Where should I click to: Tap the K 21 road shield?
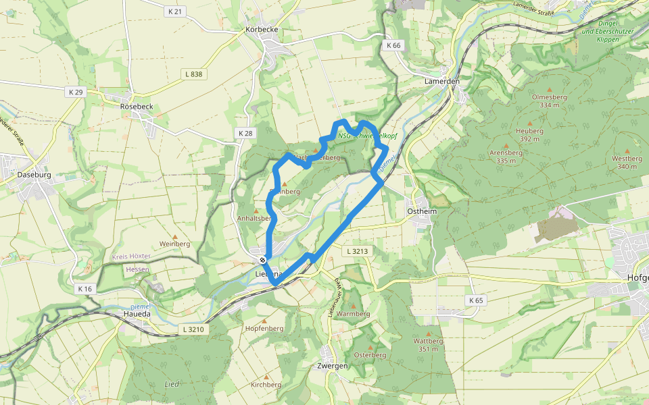pos(174,11)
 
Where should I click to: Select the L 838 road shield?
pos(195,74)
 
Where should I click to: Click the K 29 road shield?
pos(75,91)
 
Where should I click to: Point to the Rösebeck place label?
pos(137,107)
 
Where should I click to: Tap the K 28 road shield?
pos(245,134)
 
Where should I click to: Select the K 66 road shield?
pos(394,45)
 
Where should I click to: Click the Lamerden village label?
pos(442,81)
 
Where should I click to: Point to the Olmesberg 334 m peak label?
pos(550,101)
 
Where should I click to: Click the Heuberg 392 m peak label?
pos(529,134)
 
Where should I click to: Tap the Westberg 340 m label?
pos(627,162)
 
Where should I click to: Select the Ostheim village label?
pos(423,211)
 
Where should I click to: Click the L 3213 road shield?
pos(358,251)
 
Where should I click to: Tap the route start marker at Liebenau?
pos(262,260)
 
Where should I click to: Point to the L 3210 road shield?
pos(193,329)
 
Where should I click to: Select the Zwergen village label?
pos(332,366)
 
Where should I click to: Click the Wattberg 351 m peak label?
pos(427,345)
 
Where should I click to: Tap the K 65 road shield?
pos(476,300)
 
